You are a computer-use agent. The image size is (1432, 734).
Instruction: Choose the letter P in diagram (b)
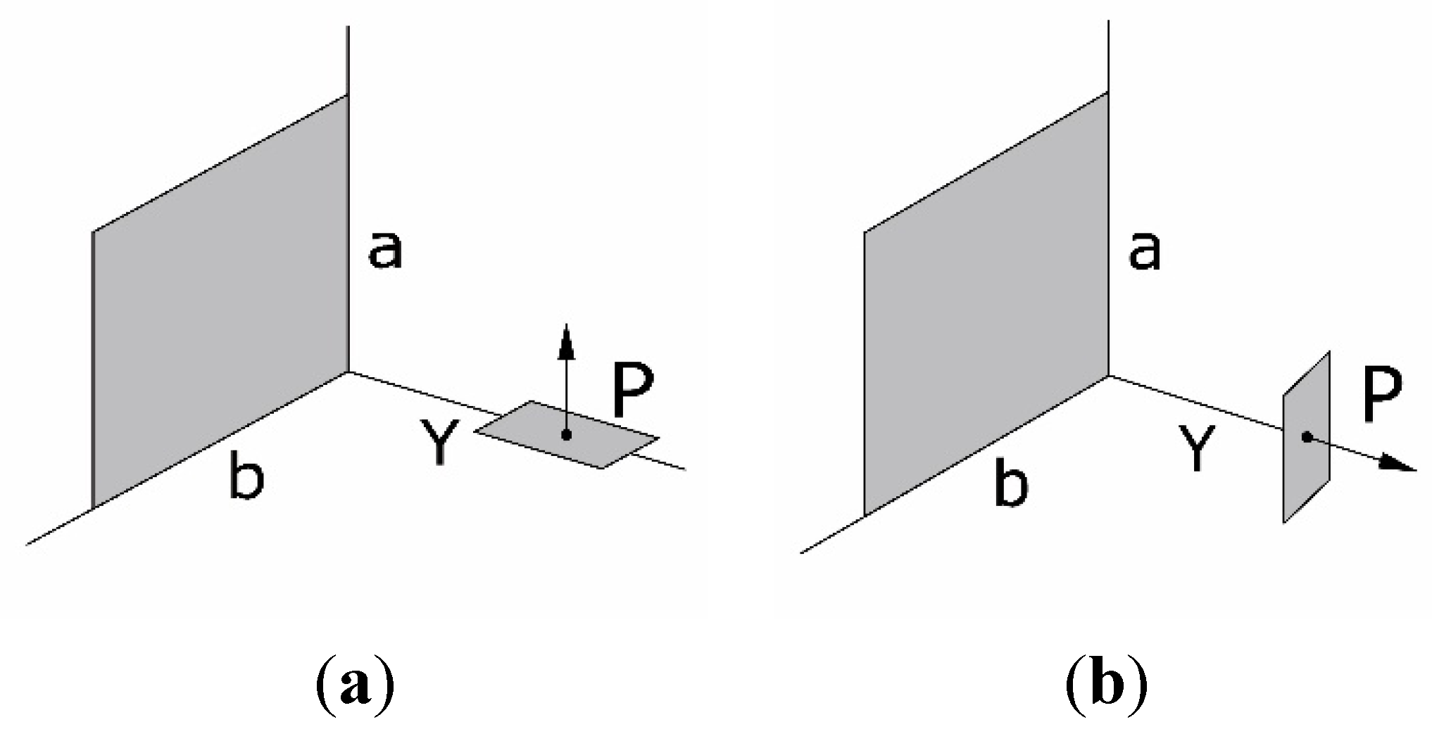pyautogui.click(x=1383, y=398)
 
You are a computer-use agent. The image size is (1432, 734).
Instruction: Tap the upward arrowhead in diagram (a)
pyautogui.click(x=565, y=341)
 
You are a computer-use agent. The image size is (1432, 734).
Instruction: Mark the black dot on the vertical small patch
pyautogui.click(x=1307, y=437)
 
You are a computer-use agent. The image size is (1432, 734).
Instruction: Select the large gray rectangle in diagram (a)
pyautogui.click(x=220, y=303)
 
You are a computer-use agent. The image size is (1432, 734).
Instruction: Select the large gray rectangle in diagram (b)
pyautogui.click(x=986, y=303)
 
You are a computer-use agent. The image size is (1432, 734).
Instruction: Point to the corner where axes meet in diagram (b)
pyautogui.click(x=1110, y=375)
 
